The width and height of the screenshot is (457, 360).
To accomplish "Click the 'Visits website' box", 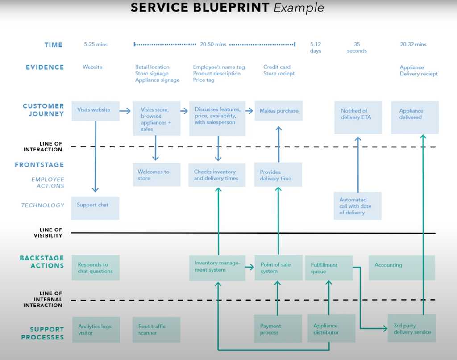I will [95, 111].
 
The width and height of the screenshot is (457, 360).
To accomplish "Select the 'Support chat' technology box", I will [95, 208].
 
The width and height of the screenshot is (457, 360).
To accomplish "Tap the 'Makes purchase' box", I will [278, 111].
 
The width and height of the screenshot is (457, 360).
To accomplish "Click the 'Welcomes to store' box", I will [156, 175].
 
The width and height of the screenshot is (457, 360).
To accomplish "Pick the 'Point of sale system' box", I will [278, 268].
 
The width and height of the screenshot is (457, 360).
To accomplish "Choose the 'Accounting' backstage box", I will [402, 268].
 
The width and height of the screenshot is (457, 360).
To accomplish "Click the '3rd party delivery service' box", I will [411, 328].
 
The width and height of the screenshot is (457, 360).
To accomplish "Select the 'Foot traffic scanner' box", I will [156, 330].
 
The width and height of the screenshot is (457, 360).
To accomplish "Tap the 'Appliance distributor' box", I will [331, 329].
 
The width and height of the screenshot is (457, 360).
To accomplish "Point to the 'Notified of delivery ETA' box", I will [358, 117].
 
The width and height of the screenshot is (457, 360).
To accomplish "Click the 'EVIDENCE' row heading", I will [45, 67].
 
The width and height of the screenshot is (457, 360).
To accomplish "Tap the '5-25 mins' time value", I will [96, 44].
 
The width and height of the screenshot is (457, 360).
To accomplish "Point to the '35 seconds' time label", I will [357, 47].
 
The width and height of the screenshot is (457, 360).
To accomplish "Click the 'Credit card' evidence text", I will [277, 67].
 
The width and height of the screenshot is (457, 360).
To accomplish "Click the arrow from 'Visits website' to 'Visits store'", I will [125, 111].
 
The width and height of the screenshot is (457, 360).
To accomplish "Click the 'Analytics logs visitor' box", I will [96, 330].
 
